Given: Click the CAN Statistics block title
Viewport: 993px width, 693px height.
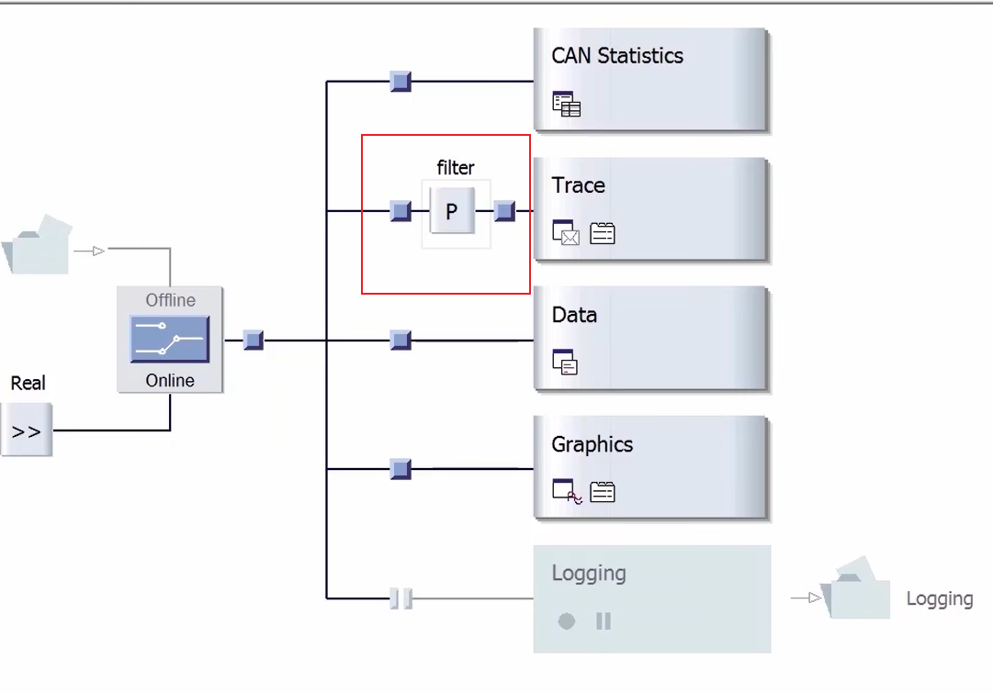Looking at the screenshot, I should (x=617, y=56).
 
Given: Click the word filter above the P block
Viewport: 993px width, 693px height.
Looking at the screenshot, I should (x=456, y=168).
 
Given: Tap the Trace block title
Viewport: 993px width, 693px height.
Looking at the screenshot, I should (x=578, y=185).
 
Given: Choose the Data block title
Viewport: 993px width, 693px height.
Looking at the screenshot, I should (x=574, y=315).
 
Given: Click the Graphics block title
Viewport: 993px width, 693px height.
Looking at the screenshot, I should (x=592, y=445).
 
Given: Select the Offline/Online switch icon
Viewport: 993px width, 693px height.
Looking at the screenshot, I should (x=170, y=340).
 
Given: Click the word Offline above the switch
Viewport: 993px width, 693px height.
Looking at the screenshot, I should (x=170, y=300).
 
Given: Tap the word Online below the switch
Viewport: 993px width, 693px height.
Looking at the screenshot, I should (x=170, y=380).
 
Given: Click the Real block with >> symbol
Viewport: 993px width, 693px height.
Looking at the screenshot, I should (x=27, y=430).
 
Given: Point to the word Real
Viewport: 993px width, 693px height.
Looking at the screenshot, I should (x=28, y=384).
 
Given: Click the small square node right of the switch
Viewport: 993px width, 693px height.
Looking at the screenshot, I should (x=254, y=341).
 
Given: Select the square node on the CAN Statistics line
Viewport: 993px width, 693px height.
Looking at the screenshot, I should (x=401, y=82).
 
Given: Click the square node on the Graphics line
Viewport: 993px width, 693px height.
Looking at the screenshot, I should (x=401, y=470).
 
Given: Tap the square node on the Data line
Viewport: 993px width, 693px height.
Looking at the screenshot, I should (x=401, y=341).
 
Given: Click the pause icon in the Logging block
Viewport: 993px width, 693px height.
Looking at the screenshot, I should (x=604, y=621).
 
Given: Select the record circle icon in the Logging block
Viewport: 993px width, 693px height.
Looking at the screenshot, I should (x=567, y=621).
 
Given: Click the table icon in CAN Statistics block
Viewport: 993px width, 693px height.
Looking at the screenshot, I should (x=567, y=105).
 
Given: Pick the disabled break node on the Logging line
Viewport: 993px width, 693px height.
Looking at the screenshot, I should (x=401, y=599).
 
